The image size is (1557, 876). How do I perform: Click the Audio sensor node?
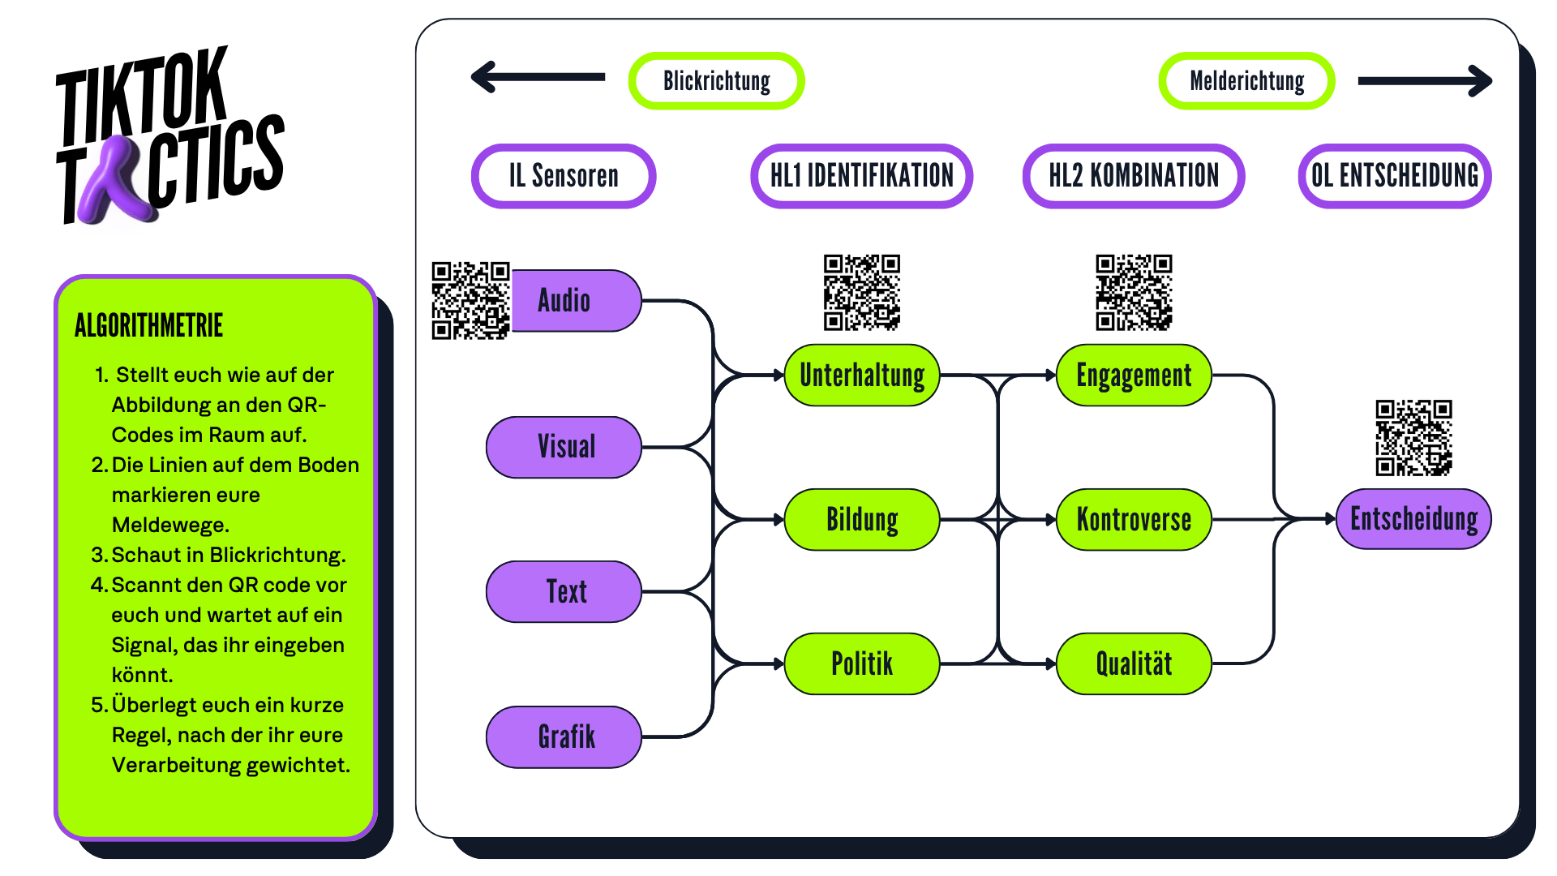click(x=574, y=301)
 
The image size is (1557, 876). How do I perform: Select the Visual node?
click(x=564, y=447)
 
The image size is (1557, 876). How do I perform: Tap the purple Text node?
click(x=564, y=591)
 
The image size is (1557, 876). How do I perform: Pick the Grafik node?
click(x=564, y=736)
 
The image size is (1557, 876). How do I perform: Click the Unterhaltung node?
click(x=861, y=376)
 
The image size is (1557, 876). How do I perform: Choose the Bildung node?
click(x=861, y=519)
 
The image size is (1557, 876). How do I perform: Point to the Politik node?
click(x=861, y=663)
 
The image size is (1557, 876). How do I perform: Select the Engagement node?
click(x=1134, y=376)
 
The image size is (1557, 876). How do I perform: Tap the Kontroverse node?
click(x=1134, y=519)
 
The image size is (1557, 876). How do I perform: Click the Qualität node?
click(x=1134, y=663)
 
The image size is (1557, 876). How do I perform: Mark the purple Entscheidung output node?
click(x=1413, y=519)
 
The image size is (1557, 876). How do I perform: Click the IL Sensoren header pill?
click(x=564, y=176)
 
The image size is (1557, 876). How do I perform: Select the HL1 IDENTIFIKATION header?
click(x=861, y=176)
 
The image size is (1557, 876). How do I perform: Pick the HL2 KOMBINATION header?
click(x=1134, y=176)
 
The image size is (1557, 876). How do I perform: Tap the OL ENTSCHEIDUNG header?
click(x=1395, y=176)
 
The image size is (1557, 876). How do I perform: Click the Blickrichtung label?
click(x=716, y=81)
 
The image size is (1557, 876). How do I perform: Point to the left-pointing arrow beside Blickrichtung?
click(x=538, y=77)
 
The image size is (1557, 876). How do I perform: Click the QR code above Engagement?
click(x=1134, y=292)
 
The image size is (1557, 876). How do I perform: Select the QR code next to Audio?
click(x=470, y=300)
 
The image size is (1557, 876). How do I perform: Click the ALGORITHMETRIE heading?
click(x=148, y=326)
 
